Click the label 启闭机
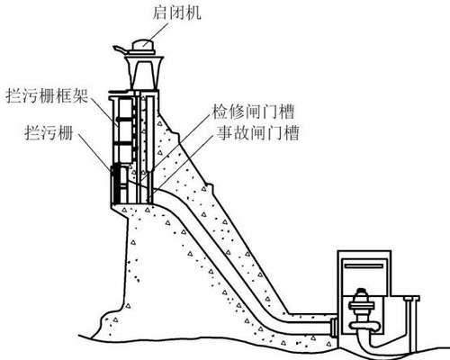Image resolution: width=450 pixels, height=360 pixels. tap(176, 13)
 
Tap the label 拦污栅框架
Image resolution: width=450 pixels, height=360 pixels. tap(47, 96)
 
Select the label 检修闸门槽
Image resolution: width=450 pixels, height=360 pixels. tap(253, 112)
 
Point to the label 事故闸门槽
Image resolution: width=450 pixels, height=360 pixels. tap(258, 133)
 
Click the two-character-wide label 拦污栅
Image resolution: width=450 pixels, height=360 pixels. tap(49, 132)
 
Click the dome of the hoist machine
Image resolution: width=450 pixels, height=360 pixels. tap(143, 45)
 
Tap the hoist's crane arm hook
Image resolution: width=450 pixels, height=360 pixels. tap(120, 49)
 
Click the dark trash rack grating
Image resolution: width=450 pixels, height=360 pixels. tap(117, 184)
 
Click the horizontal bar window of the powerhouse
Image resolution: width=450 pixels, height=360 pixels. tap(364, 265)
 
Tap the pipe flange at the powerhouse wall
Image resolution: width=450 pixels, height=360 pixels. tap(334, 328)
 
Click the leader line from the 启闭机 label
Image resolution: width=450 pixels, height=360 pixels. tap(156, 34)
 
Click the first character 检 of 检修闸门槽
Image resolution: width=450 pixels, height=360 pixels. tap(220, 112)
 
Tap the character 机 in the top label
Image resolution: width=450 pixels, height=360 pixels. tap(193, 13)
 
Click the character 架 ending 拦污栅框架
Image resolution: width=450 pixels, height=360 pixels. tap(80, 96)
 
